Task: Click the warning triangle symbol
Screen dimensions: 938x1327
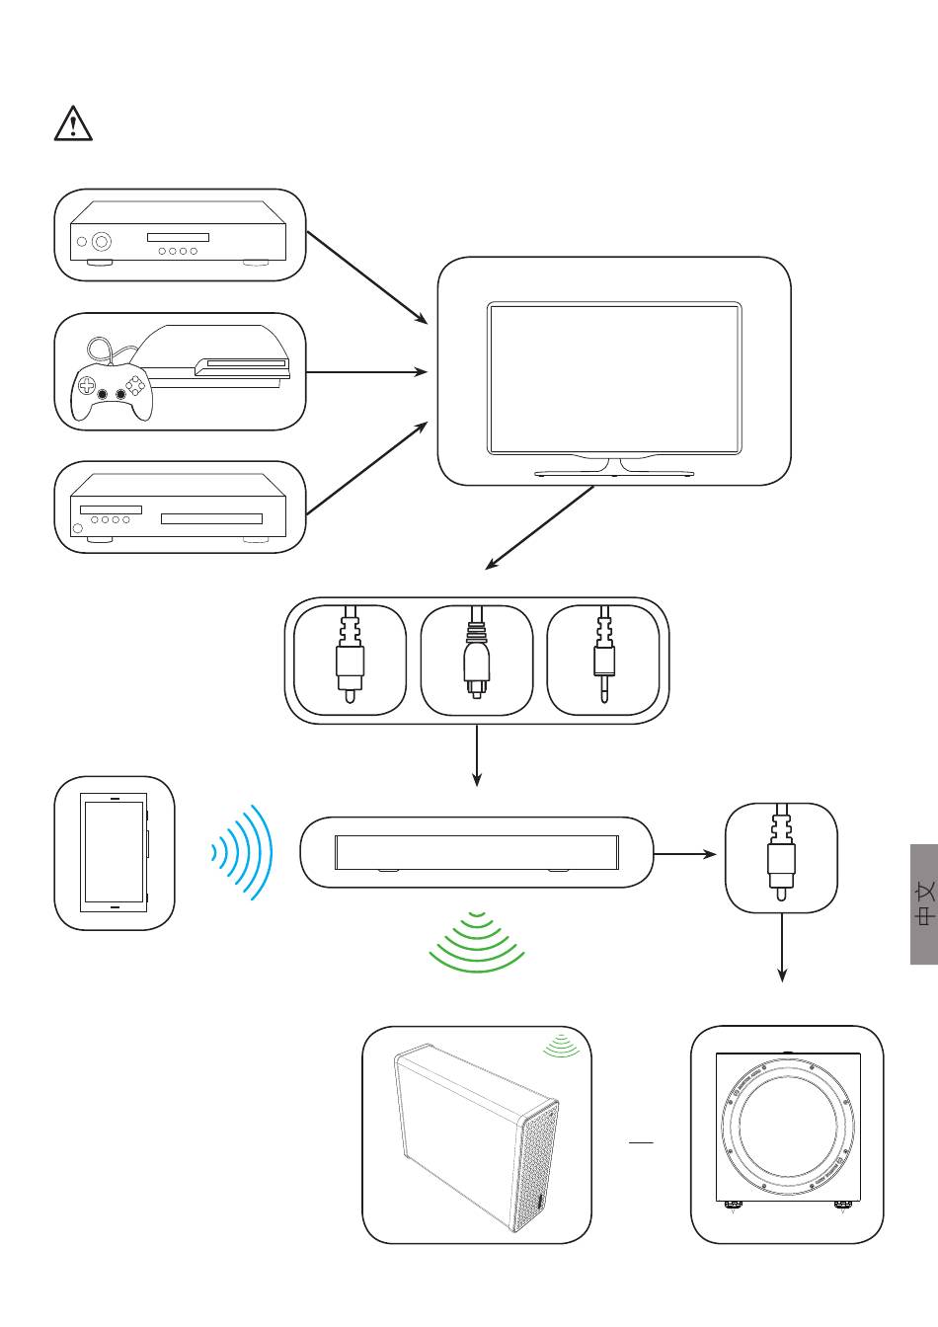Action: click(73, 123)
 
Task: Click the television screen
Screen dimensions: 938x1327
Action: click(614, 379)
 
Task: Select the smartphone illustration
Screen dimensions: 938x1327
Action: click(115, 852)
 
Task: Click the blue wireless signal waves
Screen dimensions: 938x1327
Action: click(242, 852)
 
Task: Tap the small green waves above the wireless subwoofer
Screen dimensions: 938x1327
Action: click(561, 1046)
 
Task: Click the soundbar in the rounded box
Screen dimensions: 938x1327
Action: click(477, 853)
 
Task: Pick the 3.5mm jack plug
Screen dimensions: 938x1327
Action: click(604, 654)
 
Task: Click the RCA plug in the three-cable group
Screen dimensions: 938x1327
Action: click(351, 654)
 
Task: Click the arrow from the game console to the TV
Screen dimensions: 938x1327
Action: click(366, 372)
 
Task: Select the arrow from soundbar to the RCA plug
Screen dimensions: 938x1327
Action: click(685, 854)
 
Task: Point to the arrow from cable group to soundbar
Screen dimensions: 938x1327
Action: click(477, 755)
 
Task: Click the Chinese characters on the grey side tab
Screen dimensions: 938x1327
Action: click(925, 903)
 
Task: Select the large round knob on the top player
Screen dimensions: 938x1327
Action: click(102, 241)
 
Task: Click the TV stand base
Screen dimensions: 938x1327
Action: click(614, 473)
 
